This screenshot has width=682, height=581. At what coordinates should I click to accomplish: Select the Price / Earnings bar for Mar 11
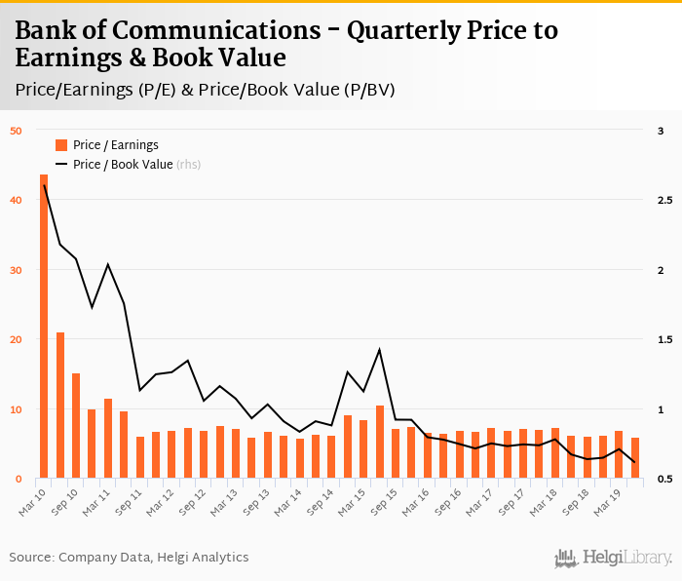click(x=108, y=439)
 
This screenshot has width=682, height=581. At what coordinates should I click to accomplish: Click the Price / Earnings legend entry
click(x=106, y=145)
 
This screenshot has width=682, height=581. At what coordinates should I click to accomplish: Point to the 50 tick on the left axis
click(x=16, y=131)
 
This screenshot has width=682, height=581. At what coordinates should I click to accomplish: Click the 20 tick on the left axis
click(x=16, y=339)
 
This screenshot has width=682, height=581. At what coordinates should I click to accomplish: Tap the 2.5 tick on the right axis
click(x=665, y=200)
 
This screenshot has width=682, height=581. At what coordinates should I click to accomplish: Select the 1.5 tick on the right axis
click(x=665, y=339)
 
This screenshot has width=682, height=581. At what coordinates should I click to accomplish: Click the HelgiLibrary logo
click(x=614, y=558)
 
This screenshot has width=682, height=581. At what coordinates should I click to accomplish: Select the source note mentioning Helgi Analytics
click(x=129, y=557)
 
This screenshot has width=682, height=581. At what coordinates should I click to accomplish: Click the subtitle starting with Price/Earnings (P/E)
click(x=206, y=90)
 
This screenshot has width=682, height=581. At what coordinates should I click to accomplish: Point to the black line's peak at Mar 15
click(x=379, y=349)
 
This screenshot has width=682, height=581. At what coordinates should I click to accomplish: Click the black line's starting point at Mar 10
click(x=44, y=185)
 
